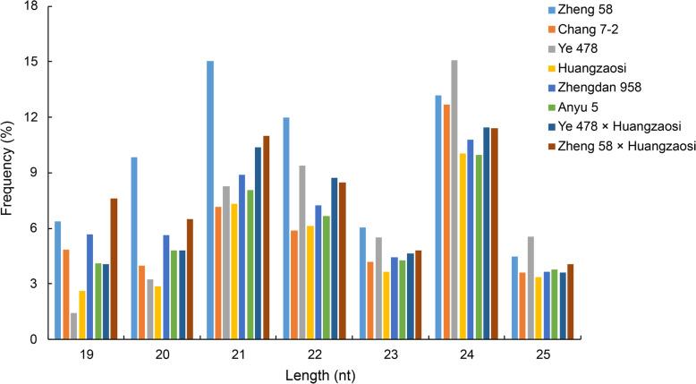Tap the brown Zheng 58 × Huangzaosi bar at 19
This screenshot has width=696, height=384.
point(114,269)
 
